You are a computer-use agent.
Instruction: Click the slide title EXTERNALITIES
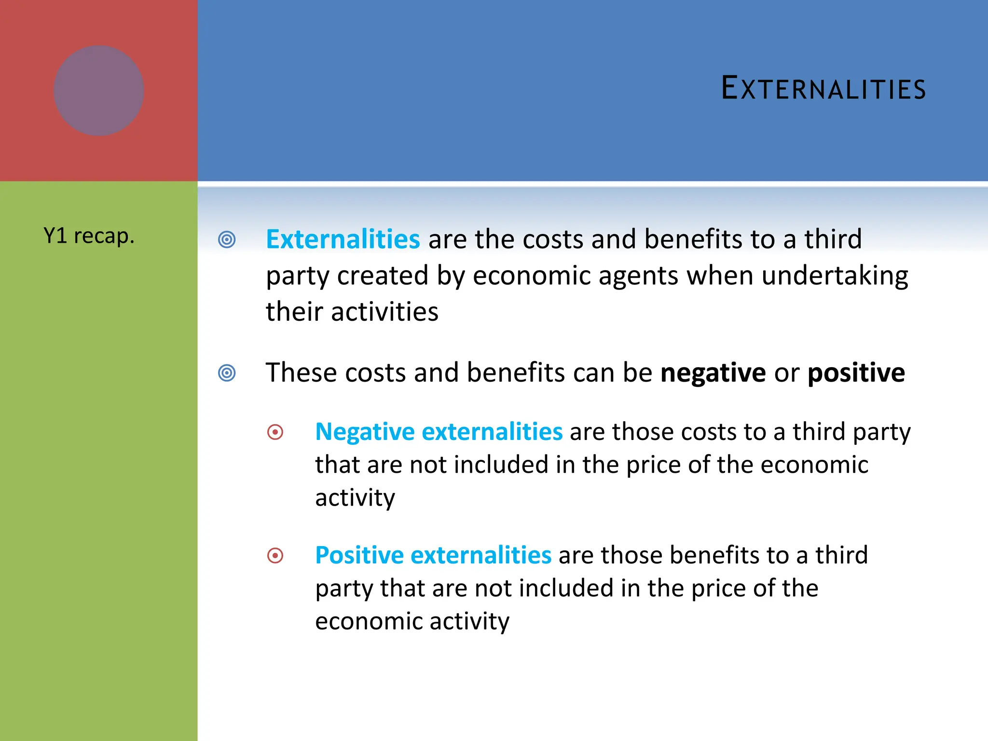(823, 89)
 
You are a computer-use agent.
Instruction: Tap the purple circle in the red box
(98, 91)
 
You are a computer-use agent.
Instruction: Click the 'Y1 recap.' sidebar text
(89, 236)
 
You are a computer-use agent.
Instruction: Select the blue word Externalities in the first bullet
(343, 239)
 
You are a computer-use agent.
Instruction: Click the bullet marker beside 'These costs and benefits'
(227, 373)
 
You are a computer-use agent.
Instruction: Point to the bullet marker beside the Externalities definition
(227, 239)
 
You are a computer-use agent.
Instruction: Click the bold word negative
(713, 373)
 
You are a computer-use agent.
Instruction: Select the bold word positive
(856, 373)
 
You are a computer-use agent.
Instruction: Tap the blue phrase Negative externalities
(439, 431)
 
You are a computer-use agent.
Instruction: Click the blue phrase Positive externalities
(433, 555)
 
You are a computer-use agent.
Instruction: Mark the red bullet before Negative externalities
(275, 432)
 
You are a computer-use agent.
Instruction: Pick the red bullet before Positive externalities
(275, 556)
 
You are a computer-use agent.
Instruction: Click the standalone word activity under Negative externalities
(355, 497)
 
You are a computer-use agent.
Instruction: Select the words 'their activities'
(352, 312)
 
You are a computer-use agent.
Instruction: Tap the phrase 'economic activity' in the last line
(412, 621)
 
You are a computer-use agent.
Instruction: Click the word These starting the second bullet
(301, 373)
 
